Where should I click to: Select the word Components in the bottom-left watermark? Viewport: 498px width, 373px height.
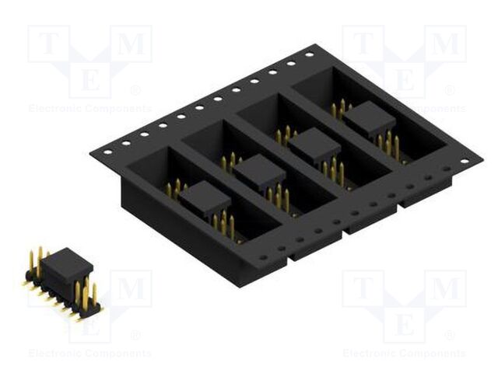point(117,354)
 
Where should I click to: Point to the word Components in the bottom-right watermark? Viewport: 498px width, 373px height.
point(431,354)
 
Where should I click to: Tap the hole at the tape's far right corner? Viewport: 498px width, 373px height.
point(465,162)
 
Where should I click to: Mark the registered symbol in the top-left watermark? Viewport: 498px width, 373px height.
point(135,90)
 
